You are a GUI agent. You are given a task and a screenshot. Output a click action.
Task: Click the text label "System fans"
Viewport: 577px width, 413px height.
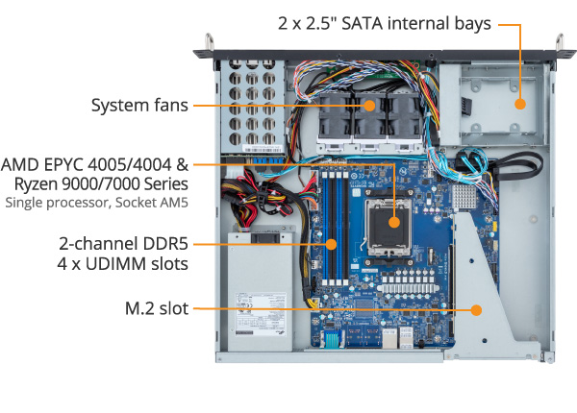coord(139,105)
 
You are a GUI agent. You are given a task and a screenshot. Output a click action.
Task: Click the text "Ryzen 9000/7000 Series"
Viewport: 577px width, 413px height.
coord(108,183)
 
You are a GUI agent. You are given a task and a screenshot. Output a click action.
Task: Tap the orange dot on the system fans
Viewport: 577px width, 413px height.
coord(369,105)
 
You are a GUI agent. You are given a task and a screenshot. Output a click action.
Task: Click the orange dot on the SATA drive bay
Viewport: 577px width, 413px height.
coord(519,105)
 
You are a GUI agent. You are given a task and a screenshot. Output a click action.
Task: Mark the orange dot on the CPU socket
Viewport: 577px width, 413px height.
coord(395,221)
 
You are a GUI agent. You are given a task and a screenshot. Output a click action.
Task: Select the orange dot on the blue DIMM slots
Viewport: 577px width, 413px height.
coord(331,244)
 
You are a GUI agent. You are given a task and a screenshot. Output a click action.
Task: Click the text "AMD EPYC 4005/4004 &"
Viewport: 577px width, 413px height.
coord(109,163)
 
